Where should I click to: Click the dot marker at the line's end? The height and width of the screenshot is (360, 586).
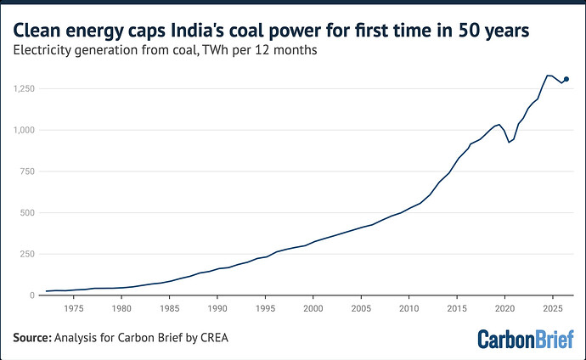coord(566,79)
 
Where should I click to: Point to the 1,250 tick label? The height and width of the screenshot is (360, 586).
coord(24,89)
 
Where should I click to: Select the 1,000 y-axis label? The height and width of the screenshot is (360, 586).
coord(24,130)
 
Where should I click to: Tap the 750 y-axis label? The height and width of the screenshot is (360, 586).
coord(27,172)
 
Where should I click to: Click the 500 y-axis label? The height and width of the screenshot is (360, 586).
coord(27,212)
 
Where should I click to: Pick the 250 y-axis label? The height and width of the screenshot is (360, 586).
coord(27,254)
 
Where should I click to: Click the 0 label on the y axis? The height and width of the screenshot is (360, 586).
coord(32,295)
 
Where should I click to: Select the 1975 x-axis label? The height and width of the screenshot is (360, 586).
coord(74,308)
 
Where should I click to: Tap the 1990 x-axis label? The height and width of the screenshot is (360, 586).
coord(217,308)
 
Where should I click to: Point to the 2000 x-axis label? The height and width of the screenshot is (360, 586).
coord(313,308)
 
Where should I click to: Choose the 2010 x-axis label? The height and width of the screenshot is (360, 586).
coord(409,308)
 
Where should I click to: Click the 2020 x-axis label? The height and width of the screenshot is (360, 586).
coord(505,308)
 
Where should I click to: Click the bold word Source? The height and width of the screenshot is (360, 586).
coord(32,338)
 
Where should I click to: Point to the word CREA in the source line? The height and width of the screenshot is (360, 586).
coord(214,338)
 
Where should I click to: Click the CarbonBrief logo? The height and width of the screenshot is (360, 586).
coord(526,339)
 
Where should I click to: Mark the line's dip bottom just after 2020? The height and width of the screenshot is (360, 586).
coord(509,143)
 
